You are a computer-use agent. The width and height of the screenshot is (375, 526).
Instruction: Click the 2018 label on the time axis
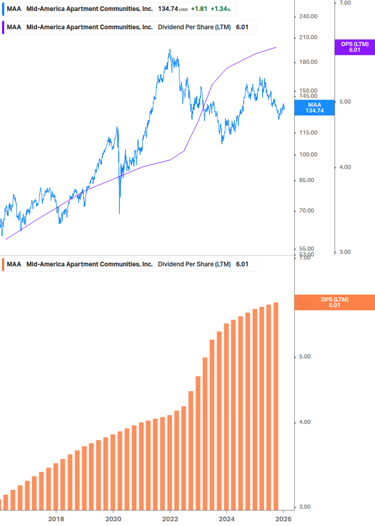[56, 519]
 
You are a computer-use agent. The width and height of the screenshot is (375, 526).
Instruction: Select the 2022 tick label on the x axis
[170, 519]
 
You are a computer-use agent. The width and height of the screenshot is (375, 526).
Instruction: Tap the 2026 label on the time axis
[283, 519]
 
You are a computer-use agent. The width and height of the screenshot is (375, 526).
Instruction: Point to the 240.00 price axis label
[308, 16]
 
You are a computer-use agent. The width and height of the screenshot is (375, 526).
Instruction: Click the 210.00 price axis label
[308, 38]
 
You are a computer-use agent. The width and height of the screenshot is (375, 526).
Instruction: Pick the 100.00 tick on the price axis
[308, 154]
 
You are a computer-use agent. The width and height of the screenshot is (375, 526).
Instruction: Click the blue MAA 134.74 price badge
[314, 107]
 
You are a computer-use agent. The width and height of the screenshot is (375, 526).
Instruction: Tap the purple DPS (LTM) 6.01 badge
[355, 47]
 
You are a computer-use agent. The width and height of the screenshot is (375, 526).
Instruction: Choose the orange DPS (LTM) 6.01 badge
[335, 302]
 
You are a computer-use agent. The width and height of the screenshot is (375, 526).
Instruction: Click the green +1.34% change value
[220, 9]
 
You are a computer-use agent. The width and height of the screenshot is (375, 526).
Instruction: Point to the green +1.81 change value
[199, 9]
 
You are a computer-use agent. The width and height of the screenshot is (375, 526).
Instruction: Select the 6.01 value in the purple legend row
[242, 27]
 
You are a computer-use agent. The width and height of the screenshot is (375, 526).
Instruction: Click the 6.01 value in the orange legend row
[242, 264]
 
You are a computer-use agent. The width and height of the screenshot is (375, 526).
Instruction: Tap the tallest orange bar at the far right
[276, 403]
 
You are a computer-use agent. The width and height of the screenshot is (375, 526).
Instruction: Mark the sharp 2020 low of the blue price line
[120, 212]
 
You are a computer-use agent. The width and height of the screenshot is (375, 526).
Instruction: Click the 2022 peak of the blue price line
[169, 50]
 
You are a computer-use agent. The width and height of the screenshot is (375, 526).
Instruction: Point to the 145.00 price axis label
[308, 96]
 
